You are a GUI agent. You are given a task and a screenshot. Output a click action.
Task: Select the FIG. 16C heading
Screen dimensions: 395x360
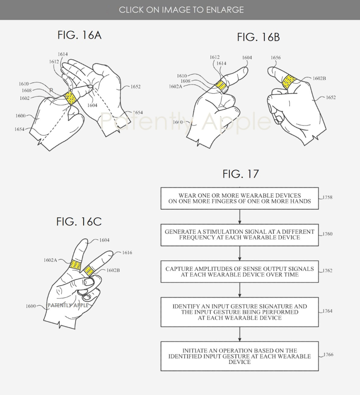(x=79, y=221)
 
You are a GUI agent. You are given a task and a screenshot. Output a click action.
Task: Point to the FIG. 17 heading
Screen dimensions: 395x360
(x=241, y=174)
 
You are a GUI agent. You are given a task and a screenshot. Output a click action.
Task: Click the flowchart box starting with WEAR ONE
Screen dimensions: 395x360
(x=239, y=198)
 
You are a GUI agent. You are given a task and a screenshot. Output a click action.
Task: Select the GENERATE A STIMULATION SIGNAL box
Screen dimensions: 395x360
(x=239, y=234)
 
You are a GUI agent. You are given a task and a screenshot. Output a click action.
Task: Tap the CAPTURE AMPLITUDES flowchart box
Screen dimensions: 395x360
(x=239, y=271)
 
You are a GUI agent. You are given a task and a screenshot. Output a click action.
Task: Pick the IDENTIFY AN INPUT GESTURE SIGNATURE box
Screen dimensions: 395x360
(x=239, y=312)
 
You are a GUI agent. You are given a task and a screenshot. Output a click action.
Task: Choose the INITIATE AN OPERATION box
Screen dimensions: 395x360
(x=239, y=356)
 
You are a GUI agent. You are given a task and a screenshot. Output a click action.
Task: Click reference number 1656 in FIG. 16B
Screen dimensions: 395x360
(x=276, y=58)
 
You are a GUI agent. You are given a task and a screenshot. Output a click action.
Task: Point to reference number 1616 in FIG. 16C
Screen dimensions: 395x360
(x=127, y=253)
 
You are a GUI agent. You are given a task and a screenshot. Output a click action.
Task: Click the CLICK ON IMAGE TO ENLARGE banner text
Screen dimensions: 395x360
(x=181, y=9)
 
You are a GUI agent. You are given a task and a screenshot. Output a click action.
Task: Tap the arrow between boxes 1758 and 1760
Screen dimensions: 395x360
(x=239, y=217)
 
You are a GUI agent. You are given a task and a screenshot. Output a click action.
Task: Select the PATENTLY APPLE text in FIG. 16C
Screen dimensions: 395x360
(x=67, y=305)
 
